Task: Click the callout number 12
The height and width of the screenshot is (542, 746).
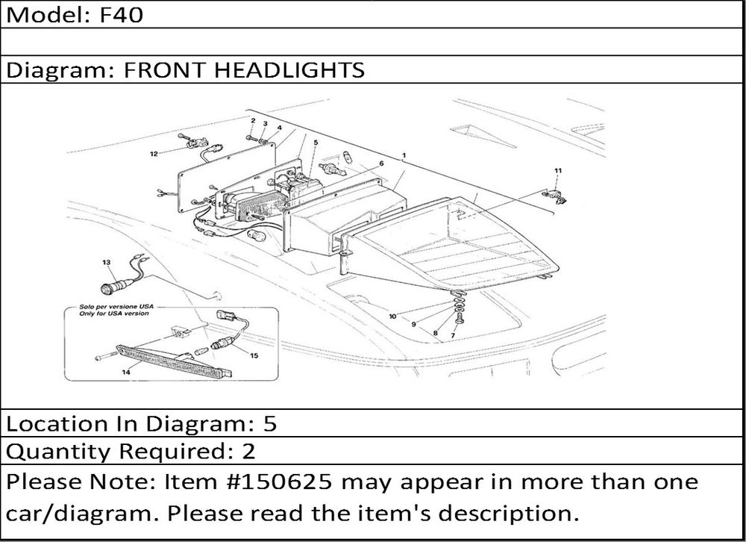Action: [154, 154]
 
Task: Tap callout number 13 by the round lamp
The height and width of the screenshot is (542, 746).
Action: [106, 262]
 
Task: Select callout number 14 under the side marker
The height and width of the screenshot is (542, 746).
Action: [126, 372]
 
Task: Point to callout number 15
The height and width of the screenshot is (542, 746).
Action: [254, 355]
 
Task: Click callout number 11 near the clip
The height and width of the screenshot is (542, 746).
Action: [558, 170]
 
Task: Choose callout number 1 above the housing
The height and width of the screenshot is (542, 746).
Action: [404, 155]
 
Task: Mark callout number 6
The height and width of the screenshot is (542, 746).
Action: [381, 163]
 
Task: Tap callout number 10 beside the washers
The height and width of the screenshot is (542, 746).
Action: [392, 317]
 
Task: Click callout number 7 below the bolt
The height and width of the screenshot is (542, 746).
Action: [453, 335]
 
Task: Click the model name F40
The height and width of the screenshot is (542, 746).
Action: [122, 15]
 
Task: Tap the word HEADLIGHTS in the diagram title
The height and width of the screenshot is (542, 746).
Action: [289, 70]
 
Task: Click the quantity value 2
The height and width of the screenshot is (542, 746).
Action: [248, 451]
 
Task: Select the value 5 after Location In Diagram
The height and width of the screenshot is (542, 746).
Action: [270, 424]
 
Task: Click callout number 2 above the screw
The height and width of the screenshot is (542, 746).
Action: [253, 121]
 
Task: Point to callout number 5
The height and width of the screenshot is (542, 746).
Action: [316, 143]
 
